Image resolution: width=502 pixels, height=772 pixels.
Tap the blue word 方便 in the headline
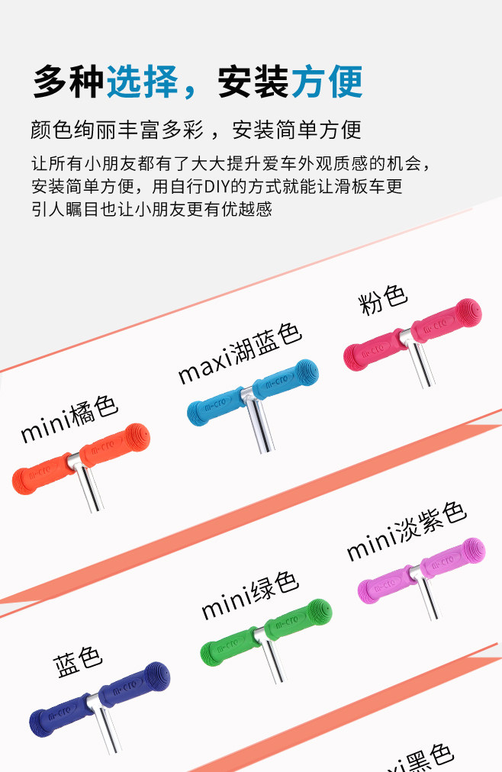tap(327, 82)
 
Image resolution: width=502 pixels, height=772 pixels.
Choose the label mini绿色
tap(249, 595)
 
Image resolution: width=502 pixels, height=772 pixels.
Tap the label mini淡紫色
tap(406, 531)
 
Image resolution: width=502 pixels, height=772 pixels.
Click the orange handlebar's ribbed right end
tap(135, 438)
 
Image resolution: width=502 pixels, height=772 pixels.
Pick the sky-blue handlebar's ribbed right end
tap(304, 374)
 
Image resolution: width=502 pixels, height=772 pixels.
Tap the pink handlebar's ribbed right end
tap(467, 312)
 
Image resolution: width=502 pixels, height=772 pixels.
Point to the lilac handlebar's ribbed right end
tap(471, 551)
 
